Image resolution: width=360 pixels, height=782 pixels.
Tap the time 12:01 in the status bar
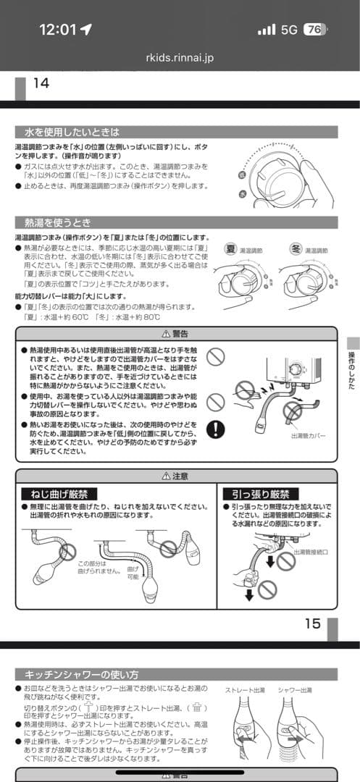57,29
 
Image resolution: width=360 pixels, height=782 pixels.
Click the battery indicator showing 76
314,29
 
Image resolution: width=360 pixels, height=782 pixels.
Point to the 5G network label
289,29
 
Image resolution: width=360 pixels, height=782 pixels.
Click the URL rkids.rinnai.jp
180,58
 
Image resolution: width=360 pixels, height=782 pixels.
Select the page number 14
41,83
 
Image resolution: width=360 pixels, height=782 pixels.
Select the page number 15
312,623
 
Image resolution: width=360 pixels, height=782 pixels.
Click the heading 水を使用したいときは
71,133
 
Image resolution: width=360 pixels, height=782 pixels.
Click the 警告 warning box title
176,334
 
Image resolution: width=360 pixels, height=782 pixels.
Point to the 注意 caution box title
176,476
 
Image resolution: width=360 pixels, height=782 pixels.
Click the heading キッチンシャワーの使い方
81,674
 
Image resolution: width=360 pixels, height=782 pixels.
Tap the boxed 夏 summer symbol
231,248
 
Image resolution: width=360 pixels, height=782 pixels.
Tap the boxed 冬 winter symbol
296,248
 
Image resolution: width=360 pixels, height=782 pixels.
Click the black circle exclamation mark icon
215,429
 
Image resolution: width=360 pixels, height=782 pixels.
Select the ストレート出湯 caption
244,691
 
